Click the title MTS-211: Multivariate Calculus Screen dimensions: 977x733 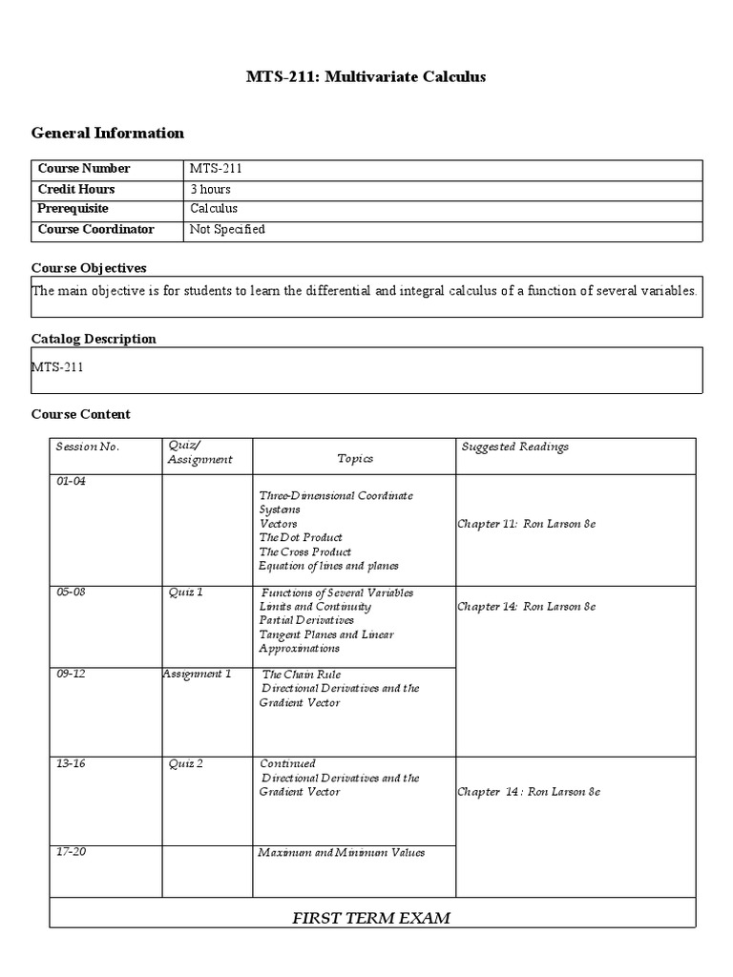[x=366, y=76]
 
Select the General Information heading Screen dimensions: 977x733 [x=108, y=133]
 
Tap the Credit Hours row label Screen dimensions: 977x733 [x=76, y=189]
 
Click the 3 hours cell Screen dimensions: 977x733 [x=210, y=189]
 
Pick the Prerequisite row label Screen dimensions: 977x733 [x=73, y=208]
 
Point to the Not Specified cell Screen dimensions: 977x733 [x=227, y=229]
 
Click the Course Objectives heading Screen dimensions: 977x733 [x=89, y=268]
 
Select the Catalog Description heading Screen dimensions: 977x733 [x=94, y=339]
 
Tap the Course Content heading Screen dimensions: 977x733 [x=81, y=414]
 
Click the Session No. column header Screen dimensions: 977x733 [x=88, y=447]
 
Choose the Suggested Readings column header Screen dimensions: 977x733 [x=514, y=447]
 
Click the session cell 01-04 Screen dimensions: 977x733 [x=71, y=482]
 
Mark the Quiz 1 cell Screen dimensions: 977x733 [x=185, y=592]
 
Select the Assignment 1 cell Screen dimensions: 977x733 [x=197, y=674]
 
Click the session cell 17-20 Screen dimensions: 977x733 [x=71, y=852]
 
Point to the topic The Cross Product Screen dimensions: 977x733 [x=304, y=551]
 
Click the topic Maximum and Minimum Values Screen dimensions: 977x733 [x=341, y=852]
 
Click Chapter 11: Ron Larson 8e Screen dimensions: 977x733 [x=526, y=525]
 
